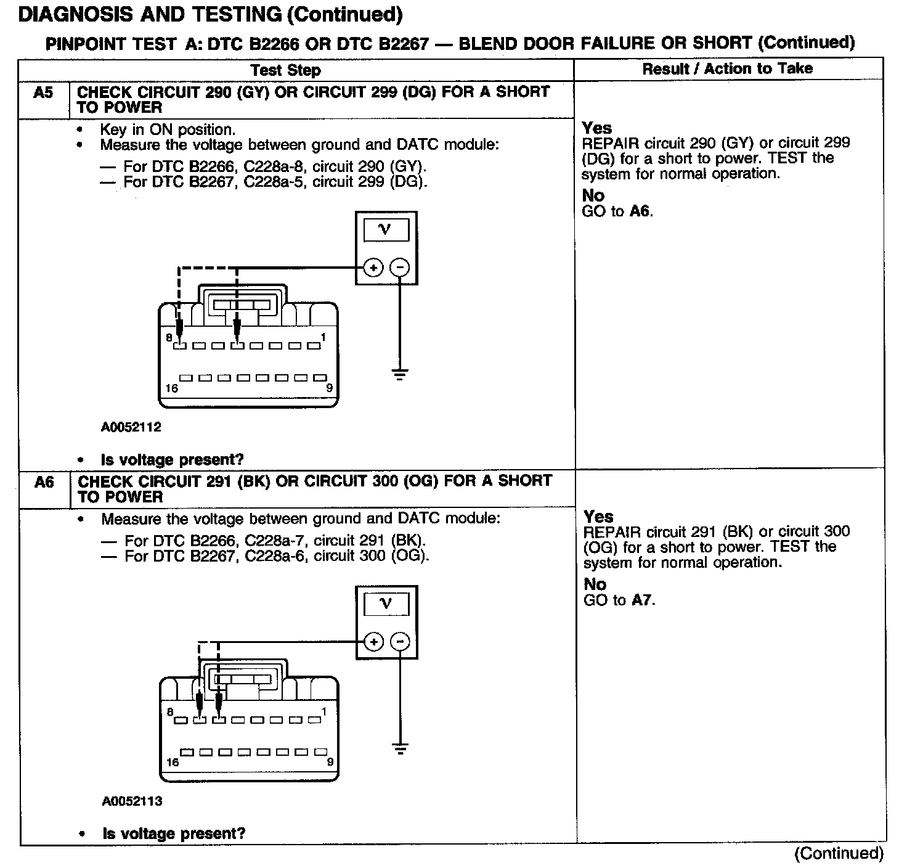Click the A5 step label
pyautogui.click(x=43, y=93)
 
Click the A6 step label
pyautogui.click(x=44, y=482)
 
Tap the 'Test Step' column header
pyautogui.click(x=286, y=70)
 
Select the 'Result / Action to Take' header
pyautogui.click(x=727, y=69)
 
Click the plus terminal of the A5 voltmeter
pyautogui.click(x=373, y=268)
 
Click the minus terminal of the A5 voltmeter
pyautogui.click(x=400, y=268)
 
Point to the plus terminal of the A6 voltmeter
pyautogui.click(x=373, y=642)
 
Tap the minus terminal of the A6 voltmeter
pyautogui.click(x=400, y=642)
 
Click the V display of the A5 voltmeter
pyautogui.click(x=386, y=230)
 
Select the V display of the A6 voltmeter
pyautogui.click(x=386, y=604)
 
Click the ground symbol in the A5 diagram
pyautogui.click(x=400, y=373)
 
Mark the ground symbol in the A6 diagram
pyautogui.click(x=401, y=749)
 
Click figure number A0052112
pyautogui.click(x=131, y=427)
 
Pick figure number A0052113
pyautogui.click(x=132, y=801)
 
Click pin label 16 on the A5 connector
pyautogui.click(x=172, y=388)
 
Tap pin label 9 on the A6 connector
pyautogui.click(x=330, y=762)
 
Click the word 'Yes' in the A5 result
pyautogui.click(x=597, y=128)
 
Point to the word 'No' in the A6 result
pyautogui.click(x=595, y=584)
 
